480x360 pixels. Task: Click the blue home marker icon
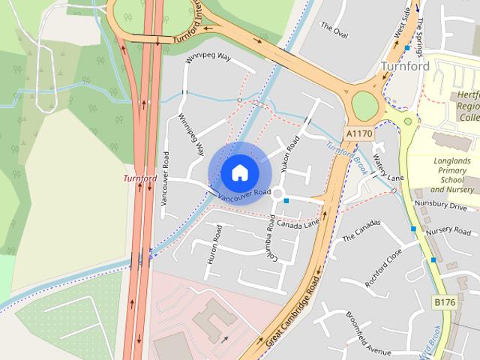(x=238, y=172)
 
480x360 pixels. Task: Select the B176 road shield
(x=445, y=301)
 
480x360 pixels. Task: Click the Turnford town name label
(x=405, y=66)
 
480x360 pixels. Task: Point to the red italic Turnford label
(x=140, y=178)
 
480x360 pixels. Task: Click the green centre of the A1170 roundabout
(x=364, y=104)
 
